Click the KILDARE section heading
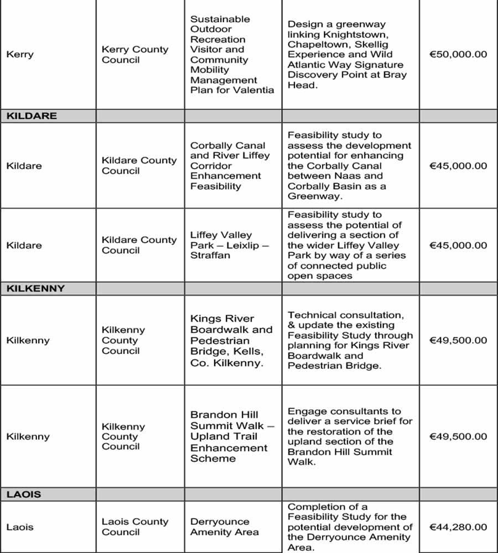(32, 116)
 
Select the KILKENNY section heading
(35, 289)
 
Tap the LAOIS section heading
(23, 494)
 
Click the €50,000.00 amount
(458, 55)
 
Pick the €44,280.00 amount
(458, 527)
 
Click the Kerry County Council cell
(135, 55)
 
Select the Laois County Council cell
(135, 527)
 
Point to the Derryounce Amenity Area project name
(224, 527)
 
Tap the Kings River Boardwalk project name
(231, 341)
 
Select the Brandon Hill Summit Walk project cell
(232, 437)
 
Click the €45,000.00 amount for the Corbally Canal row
(458, 166)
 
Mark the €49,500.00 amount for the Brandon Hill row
(458, 437)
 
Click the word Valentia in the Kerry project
(255, 90)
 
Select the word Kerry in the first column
(20, 55)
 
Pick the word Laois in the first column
(20, 527)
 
